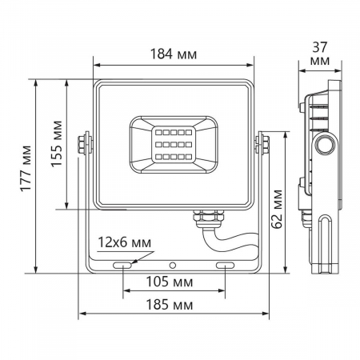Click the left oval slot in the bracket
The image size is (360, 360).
pos(123,264)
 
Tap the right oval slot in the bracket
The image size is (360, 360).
pos(225,264)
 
